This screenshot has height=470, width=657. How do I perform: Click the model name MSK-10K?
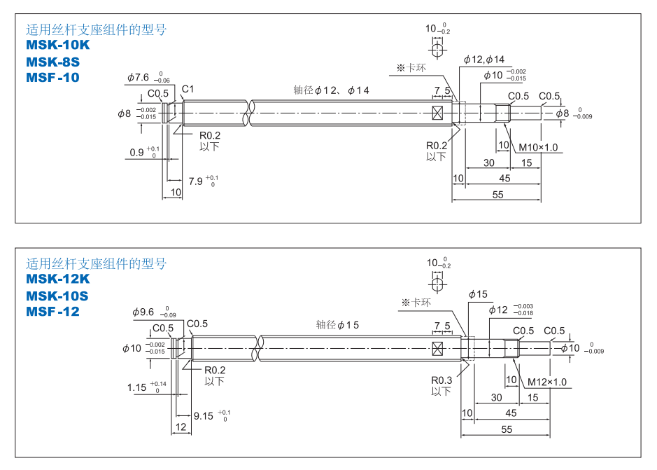(x=58, y=46)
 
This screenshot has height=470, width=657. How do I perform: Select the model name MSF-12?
(x=52, y=312)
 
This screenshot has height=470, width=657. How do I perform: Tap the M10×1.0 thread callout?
(x=537, y=148)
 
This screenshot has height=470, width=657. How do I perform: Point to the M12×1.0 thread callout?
(x=546, y=382)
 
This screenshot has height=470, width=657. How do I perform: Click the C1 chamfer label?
(x=188, y=89)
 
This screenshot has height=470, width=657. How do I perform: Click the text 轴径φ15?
(x=337, y=325)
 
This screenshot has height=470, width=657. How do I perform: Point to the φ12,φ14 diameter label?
(x=483, y=60)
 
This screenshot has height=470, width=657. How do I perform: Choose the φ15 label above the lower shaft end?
(x=478, y=294)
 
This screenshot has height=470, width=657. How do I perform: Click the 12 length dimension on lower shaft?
(x=181, y=427)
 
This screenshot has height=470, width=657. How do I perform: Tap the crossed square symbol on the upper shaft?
(x=439, y=113)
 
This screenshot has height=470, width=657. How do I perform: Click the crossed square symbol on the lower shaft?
(x=439, y=348)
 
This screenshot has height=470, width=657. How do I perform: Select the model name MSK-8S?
(x=53, y=62)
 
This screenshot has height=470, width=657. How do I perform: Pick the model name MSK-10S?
(x=57, y=296)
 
